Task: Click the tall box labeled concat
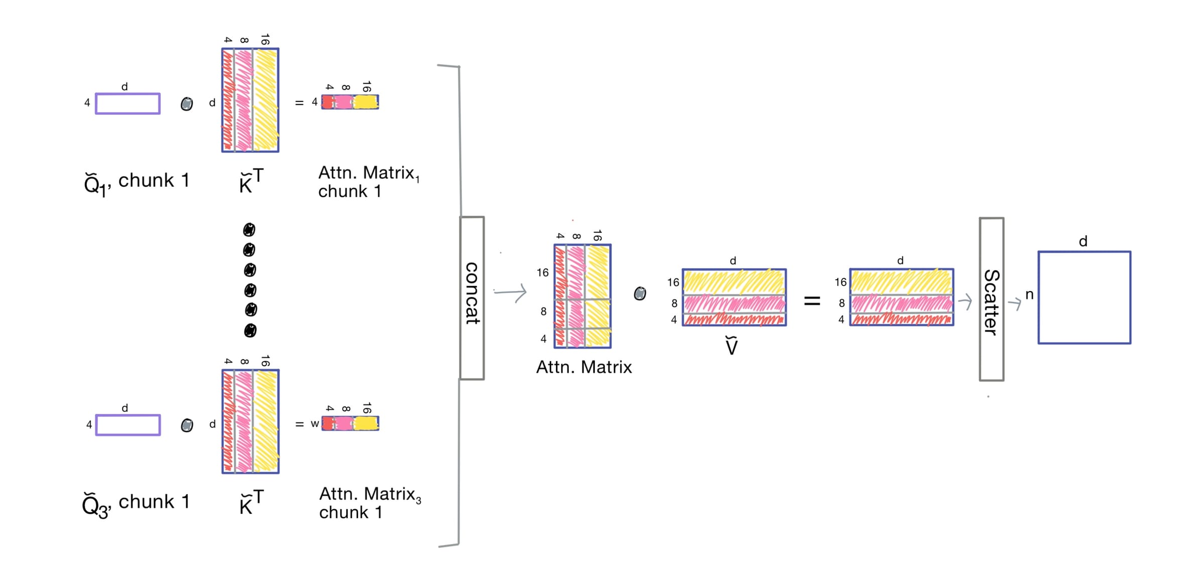(472, 298)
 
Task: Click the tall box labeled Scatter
(991, 300)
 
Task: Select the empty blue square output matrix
(1084, 298)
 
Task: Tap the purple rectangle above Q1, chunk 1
(128, 104)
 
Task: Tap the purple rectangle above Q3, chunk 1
(128, 425)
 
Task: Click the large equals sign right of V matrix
(812, 301)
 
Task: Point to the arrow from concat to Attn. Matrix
(510, 292)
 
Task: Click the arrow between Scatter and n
(1014, 303)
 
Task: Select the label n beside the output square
(1029, 295)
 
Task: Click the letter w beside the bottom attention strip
(315, 424)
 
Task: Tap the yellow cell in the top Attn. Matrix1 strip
(366, 102)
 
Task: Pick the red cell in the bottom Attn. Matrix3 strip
(328, 424)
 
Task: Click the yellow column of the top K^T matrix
(265, 100)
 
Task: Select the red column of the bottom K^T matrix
(228, 421)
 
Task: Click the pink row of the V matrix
(734, 304)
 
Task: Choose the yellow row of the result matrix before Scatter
(901, 282)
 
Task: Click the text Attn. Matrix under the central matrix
(584, 367)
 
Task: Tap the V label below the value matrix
(731, 346)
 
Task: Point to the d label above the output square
(1083, 242)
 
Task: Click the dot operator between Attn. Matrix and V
(640, 294)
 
